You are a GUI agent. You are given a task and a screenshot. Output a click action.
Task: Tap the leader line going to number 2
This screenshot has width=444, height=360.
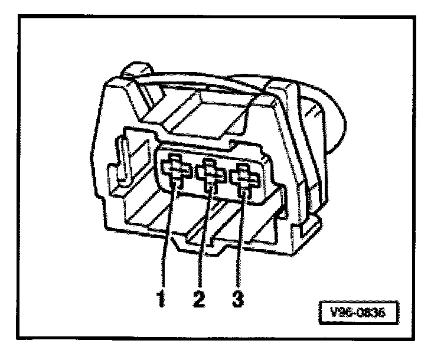coord(204,236)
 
